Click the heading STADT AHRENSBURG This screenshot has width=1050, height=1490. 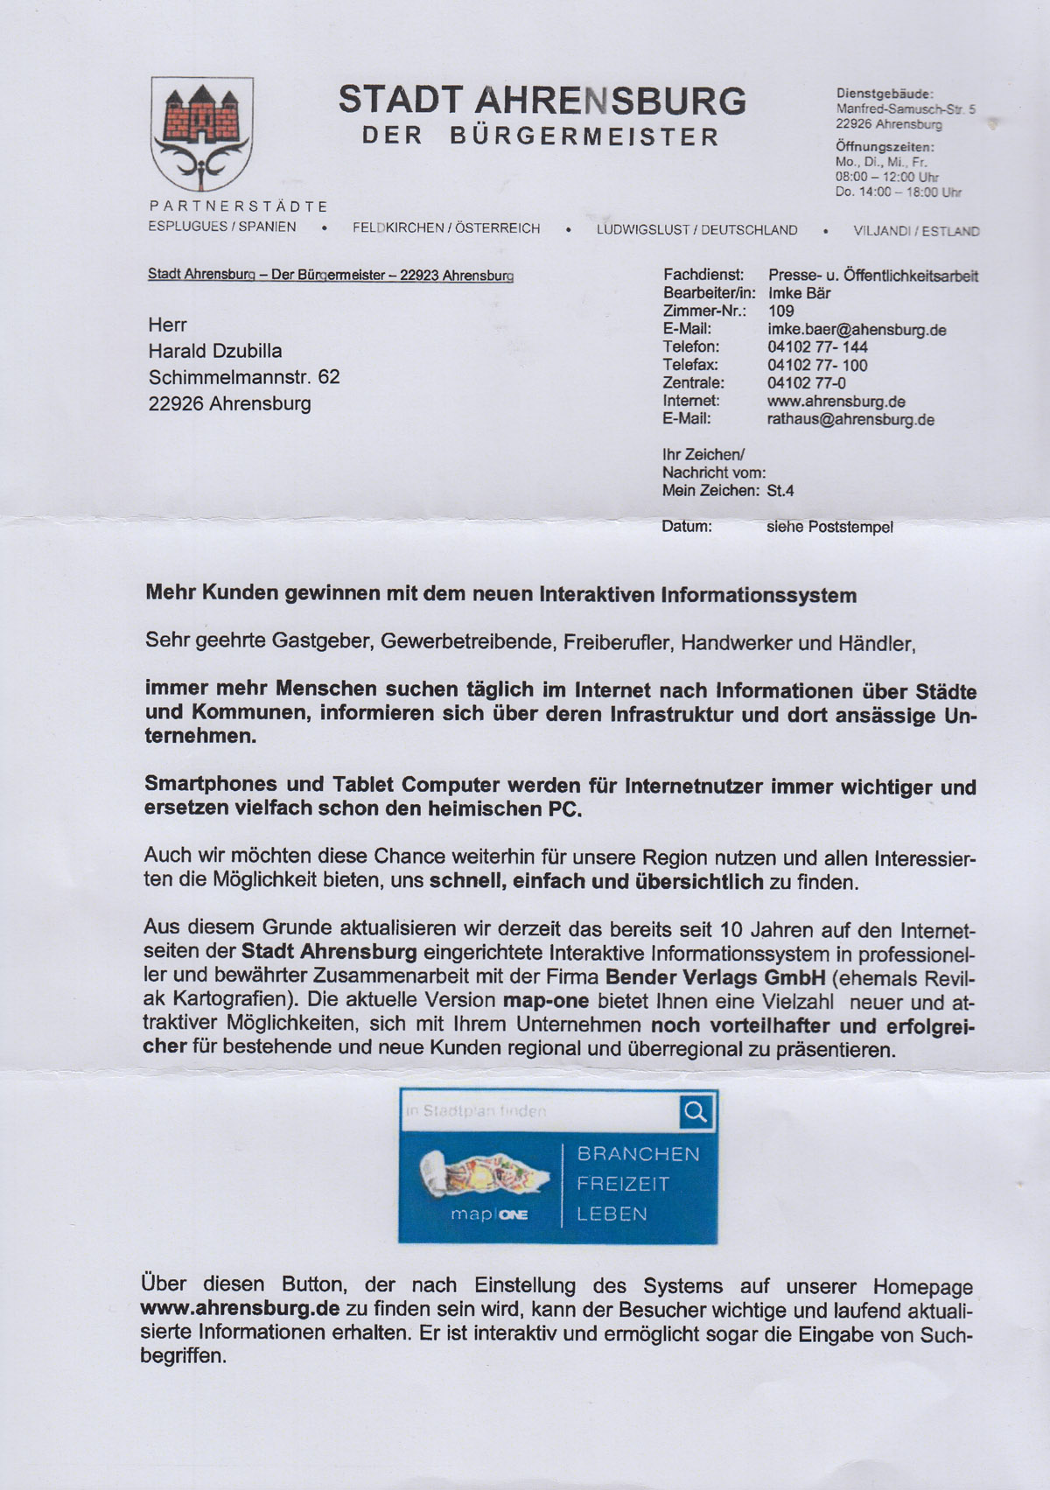(542, 101)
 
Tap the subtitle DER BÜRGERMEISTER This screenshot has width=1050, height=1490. (541, 137)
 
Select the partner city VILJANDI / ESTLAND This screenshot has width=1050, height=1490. (916, 232)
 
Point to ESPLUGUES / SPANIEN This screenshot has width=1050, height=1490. (222, 227)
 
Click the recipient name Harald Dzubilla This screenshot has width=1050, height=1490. (215, 351)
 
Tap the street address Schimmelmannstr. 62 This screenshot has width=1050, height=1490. (244, 377)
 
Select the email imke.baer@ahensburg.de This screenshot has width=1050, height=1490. (857, 330)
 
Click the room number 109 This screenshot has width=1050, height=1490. (780, 311)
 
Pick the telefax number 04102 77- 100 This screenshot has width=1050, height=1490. (817, 365)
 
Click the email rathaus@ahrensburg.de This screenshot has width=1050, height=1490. (850, 420)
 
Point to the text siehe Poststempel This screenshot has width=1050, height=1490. (829, 528)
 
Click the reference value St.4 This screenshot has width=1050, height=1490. (780, 491)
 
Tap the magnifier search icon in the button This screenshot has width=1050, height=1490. (696, 1112)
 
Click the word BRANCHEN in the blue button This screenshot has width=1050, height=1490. (638, 1154)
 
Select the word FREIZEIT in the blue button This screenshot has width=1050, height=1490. (623, 1184)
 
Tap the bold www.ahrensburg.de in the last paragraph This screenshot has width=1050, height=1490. (240, 1309)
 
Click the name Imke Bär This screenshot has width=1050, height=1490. (799, 293)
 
